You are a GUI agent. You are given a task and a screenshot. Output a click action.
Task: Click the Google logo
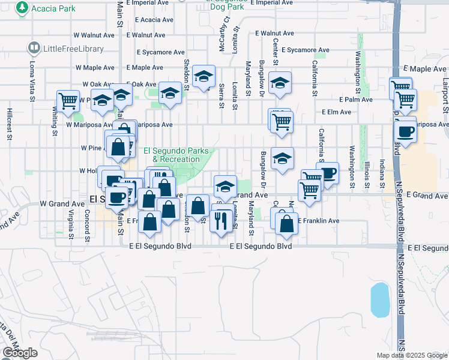(20, 353)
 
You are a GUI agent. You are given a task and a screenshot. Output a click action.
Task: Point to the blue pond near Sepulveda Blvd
(380, 300)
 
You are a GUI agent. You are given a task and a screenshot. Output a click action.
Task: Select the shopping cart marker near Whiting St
(68, 101)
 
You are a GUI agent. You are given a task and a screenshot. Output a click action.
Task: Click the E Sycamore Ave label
(306, 50)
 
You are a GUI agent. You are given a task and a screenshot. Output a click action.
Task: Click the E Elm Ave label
(337, 112)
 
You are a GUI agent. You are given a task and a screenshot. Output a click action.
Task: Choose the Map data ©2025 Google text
(411, 355)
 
